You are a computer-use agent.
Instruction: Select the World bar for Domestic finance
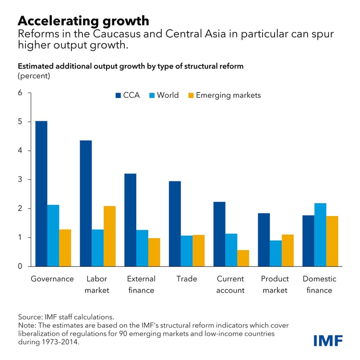pos(320,235)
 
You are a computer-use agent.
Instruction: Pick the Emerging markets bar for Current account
pos(243,258)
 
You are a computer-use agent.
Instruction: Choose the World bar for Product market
pos(276,253)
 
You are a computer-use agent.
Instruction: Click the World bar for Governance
pos(53,236)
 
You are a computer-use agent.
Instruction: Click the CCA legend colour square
pos(118,96)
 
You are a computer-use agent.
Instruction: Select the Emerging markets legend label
pos(228,95)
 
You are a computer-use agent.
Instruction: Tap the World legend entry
pos(163,95)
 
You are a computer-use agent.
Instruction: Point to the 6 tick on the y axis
pos(20,93)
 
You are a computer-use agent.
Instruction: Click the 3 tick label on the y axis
pos(20,180)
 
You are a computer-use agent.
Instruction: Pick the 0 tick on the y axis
pos(20,266)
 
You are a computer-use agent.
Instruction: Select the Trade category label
pos(187,279)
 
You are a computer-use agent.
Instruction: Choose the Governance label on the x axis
pos(52,279)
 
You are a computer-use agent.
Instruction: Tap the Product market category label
pos(275,284)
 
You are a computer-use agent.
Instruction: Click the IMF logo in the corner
pos(328,341)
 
